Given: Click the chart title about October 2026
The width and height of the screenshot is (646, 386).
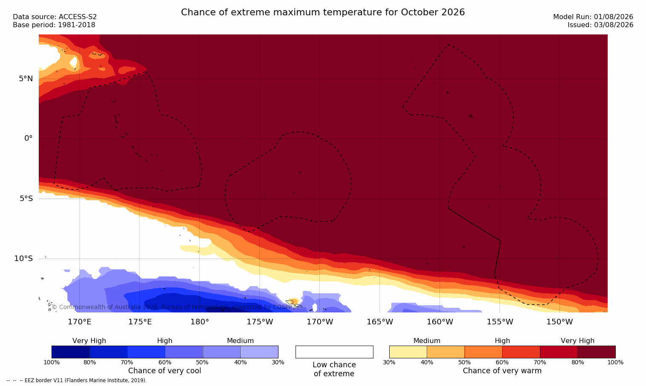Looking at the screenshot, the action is [323, 12].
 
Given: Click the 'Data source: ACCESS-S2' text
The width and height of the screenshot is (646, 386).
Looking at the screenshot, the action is [55, 17].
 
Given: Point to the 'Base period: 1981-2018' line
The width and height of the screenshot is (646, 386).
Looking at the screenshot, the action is [54, 25].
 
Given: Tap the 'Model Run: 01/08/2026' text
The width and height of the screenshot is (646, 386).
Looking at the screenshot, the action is [593, 17].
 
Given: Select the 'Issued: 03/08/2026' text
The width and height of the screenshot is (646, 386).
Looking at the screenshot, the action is [600, 25].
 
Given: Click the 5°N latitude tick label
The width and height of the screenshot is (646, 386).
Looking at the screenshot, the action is [26, 79].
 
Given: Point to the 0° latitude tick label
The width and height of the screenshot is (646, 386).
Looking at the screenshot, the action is [28, 139].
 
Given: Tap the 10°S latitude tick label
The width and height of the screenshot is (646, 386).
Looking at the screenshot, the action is [24, 258].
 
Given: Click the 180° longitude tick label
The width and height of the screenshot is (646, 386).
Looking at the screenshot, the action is [200, 322].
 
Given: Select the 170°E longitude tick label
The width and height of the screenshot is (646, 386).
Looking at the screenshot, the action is [80, 322].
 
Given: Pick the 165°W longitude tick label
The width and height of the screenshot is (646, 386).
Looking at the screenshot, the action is [380, 322].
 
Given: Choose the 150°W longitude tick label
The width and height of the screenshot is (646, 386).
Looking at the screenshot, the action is [560, 322].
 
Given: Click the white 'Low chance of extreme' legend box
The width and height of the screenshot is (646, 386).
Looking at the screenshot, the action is [334, 352].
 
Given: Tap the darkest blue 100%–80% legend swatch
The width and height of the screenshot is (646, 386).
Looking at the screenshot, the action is [70, 352].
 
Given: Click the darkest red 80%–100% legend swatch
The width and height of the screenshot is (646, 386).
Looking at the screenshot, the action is [597, 352].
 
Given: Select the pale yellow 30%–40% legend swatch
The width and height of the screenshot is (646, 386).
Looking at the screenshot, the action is [408, 352].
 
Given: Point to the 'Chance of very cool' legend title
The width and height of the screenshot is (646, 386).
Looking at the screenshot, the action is [165, 371].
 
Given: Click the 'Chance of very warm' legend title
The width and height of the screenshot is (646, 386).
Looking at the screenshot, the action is [502, 371].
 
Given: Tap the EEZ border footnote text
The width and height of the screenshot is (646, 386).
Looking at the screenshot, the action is [76, 380].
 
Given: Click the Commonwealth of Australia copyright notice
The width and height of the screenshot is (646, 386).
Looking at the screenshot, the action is [175, 307].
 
